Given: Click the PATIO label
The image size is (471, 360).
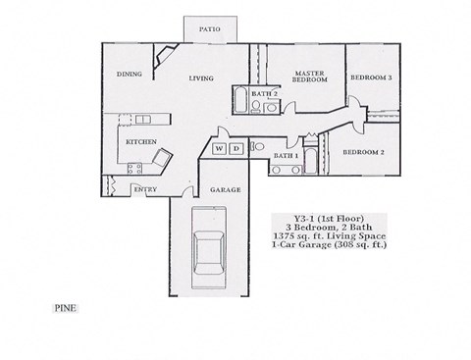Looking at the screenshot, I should coord(209,29).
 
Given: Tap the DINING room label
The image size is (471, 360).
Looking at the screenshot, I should coord(131,75).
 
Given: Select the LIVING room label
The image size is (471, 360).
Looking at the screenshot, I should coord(202,77).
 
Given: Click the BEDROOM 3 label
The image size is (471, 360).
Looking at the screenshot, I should coord(372,77).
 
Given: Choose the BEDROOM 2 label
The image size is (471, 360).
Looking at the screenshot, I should coord(362,152).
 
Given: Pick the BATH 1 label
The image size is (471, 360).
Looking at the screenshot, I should coord(286,156).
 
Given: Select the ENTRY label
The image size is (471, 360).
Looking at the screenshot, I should coord(145,189).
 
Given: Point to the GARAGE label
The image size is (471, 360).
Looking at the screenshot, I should coord(219,189).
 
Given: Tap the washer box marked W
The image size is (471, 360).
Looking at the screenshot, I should coord(219,149).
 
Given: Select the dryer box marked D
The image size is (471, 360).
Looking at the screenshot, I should coord(235,149).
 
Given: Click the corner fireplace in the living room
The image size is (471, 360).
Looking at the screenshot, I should coord(168,56).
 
